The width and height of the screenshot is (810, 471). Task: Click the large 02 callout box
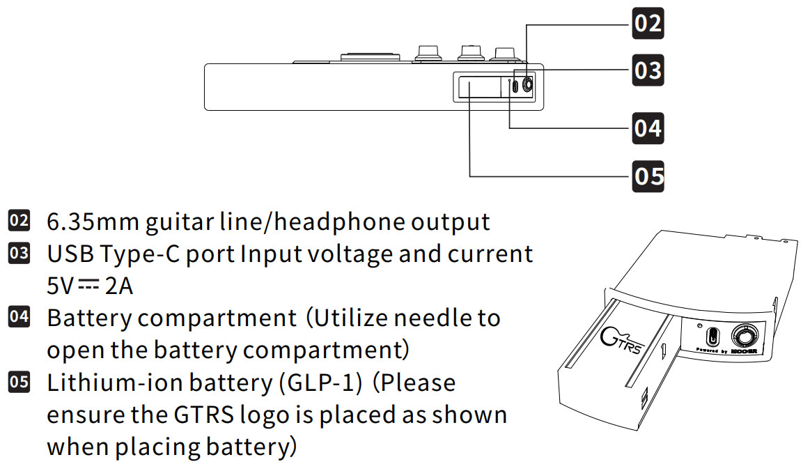pos(648,23)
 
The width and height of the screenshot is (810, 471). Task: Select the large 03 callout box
pos(648,70)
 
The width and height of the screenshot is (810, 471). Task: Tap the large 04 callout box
pos(648,128)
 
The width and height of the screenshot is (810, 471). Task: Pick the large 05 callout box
pos(648,176)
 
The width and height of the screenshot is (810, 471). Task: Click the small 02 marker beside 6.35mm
pos(19,222)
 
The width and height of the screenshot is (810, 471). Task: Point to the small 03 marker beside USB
pos(19,254)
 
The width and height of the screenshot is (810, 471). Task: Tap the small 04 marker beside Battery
pos(19,318)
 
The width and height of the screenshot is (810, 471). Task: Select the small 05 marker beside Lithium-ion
pos(19,382)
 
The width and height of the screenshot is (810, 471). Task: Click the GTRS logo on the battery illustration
pos(621,341)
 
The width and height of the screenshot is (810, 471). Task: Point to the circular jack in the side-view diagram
pos(526,85)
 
